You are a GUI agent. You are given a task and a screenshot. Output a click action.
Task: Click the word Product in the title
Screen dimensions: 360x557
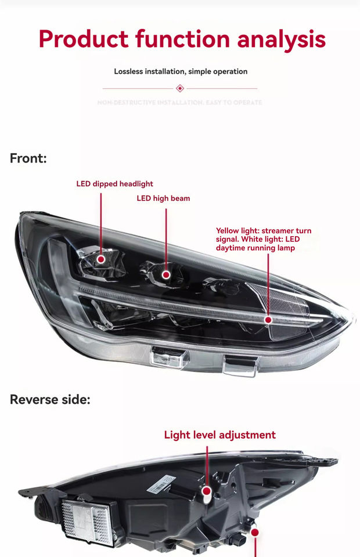(83, 39)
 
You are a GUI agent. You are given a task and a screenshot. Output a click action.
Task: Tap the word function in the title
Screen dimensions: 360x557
(182, 39)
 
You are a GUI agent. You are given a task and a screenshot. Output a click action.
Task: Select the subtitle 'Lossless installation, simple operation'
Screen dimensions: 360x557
(181, 71)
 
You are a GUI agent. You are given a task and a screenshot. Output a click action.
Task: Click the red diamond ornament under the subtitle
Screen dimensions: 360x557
(180, 88)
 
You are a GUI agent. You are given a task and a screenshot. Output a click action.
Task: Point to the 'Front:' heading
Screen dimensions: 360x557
(28, 158)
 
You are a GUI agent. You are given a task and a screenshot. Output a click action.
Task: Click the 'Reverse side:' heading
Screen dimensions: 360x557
(50, 400)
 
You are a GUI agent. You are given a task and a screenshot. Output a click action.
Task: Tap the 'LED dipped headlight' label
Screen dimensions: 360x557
(114, 184)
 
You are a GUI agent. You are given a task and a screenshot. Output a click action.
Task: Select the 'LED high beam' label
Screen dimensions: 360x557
(163, 198)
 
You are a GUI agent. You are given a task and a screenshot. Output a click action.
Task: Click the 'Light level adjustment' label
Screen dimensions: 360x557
(219, 435)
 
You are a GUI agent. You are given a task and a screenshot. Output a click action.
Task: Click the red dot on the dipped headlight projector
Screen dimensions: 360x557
(101, 259)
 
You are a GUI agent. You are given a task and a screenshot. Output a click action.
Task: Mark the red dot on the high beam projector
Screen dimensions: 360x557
(167, 274)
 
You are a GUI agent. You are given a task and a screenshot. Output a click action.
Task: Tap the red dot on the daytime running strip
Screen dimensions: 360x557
(268, 320)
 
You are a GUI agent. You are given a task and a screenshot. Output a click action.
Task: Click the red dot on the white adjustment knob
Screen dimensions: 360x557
(207, 491)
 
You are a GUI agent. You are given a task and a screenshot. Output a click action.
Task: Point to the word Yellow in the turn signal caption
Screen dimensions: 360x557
(227, 231)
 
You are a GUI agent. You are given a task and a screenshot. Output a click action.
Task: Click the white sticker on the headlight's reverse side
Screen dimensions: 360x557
(161, 483)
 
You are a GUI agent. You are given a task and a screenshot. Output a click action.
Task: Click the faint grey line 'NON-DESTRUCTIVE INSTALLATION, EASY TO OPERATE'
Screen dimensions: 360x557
(180, 103)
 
